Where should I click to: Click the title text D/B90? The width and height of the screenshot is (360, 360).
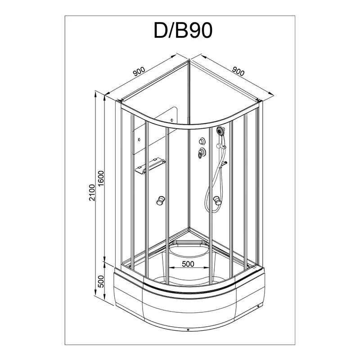[x=183, y=30]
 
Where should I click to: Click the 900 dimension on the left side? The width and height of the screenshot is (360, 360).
[x=139, y=72]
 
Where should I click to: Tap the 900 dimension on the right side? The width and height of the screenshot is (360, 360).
[x=238, y=71]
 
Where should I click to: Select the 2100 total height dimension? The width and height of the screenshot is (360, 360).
[x=92, y=193]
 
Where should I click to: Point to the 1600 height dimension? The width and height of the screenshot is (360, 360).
[x=101, y=179]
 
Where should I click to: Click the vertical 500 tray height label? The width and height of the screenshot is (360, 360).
[x=101, y=282]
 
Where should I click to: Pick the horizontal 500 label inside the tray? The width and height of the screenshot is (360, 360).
[x=188, y=264]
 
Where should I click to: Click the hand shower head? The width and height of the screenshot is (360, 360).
[x=220, y=131]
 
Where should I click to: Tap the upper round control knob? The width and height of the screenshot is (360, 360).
[x=202, y=141]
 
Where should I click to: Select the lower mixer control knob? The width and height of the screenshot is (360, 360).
[x=201, y=152]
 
